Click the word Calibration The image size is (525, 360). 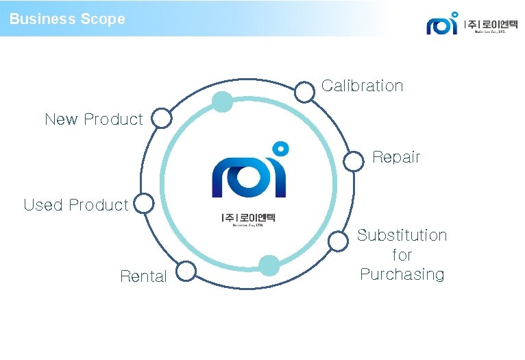point(362,86)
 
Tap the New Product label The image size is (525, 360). point(93,119)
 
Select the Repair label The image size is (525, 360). point(395,157)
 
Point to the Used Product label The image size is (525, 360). point(75,205)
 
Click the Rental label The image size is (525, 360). point(143,276)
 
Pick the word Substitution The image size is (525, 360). point(402,235)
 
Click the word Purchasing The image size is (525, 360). point(402,274)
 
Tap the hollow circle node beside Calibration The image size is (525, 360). point(304,91)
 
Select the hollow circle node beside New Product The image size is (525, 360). point(162,119)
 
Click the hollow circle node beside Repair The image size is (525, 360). point(353,161)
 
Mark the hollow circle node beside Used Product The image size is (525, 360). point(144,204)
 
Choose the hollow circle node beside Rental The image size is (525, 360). point(186,272)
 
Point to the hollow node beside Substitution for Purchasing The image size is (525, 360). point(338,241)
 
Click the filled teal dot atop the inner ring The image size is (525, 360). point(222,102)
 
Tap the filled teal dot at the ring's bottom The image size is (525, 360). point(269,265)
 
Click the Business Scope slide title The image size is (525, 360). point(67,19)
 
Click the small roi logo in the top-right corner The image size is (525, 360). point(442,24)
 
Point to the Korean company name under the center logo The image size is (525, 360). point(248,219)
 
